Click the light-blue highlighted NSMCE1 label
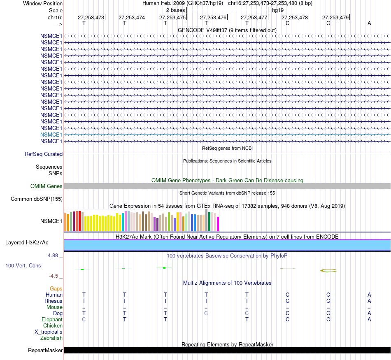(x=51, y=135)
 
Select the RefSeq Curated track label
(x=44, y=154)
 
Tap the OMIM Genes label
(x=46, y=186)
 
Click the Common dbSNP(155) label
(x=36, y=199)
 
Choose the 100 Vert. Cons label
(x=23, y=265)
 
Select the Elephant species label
(x=52, y=319)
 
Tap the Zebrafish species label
(x=51, y=338)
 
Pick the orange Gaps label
(x=56, y=288)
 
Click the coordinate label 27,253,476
(x=213, y=17)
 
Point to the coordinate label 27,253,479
(x=335, y=17)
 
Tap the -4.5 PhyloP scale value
(x=54, y=276)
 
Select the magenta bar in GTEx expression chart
(x=218, y=224)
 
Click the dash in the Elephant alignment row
(x=206, y=319)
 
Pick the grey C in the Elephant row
(x=84, y=319)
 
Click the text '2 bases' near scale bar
(x=175, y=10)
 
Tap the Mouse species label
(x=54, y=307)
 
